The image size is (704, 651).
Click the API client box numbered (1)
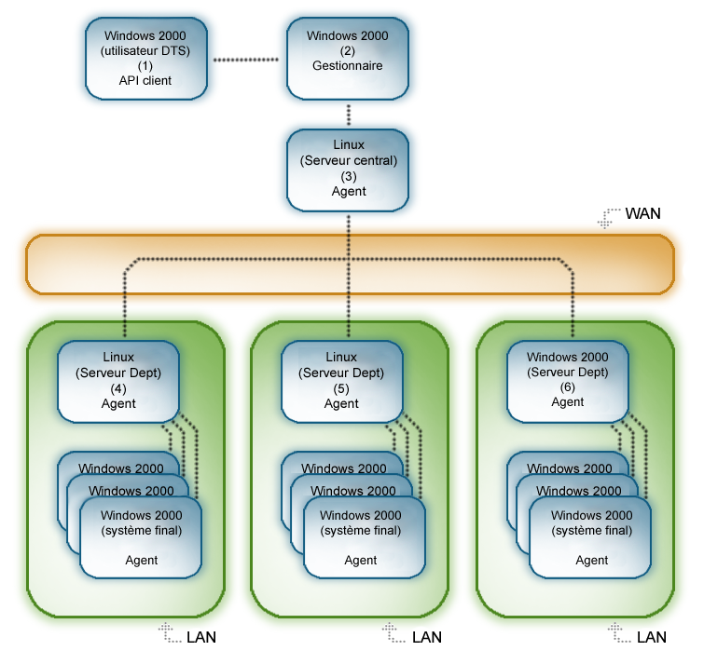pyautogui.click(x=145, y=58)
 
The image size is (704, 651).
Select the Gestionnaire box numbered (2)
pyautogui.click(x=348, y=58)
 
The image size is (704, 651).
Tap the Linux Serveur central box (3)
pyautogui.click(x=349, y=170)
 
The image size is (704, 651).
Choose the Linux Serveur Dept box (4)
pyautogui.click(x=118, y=380)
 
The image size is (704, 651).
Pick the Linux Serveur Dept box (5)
pyautogui.click(x=341, y=380)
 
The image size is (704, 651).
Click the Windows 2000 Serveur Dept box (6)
pyautogui.click(x=567, y=380)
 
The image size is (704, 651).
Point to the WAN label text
pyautogui.click(x=642, y=213)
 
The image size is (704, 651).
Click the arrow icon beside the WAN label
pyautogui.click(x=609, y=217)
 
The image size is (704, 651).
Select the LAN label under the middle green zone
pyautogui.click(x=426, y=637)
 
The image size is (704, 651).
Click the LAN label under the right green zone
pyautogui.click(x=651, y=637)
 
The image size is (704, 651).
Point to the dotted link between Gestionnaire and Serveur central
pyautogui.click(x=349, y=115)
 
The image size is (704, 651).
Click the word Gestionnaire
pyautogui.click(x=348, y=66)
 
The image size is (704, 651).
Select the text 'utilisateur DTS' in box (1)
pyautogui.click(x=145, y=51)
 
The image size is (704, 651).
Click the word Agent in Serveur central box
pyautogui.click(x=349, y=191)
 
